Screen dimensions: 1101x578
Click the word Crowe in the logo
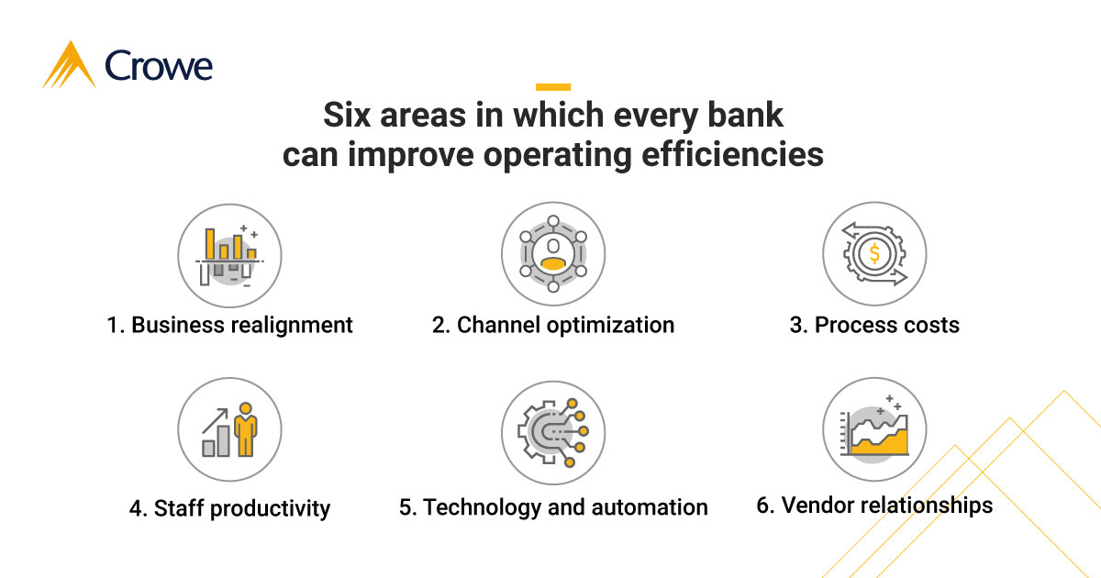[159, 65]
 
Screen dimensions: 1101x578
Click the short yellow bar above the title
[553, 87]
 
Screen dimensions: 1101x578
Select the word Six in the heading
[347, 115]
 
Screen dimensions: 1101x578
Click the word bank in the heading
[745, 115]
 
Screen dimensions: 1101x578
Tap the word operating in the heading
[557, 156]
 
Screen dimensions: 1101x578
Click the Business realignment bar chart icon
[229, 256]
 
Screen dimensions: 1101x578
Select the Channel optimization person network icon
[553, 253]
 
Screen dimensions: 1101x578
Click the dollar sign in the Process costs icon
[874, 253]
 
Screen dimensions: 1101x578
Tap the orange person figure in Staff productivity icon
[246, 429]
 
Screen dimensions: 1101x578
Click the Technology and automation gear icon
[553, 432]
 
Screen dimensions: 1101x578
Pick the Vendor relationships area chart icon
[874, 429]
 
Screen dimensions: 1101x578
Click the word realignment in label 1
[292, 326]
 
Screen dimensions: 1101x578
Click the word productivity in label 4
[270, 508]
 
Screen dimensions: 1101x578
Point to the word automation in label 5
[650, 507]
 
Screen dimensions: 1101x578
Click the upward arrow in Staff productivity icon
[215, 421]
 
